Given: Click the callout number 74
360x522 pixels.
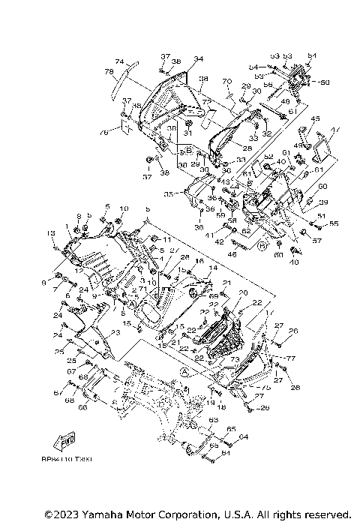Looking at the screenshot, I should pyautogui.click(x=118, y=61).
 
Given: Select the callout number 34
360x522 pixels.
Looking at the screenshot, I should pyautogui.click(x=178, y=58).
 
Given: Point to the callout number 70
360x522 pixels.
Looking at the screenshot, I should pyautogui.click(x=226, y=81).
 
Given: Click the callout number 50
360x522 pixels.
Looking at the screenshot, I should pyautogui.click(x=324, y=81).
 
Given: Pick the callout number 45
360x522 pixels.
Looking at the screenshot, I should pyautogui.click(x=316, y=118).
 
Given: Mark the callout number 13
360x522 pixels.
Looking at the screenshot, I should pyautogui.click(x=52, y=233).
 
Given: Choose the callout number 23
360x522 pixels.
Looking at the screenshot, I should pyautogui.click(x=115, y=333).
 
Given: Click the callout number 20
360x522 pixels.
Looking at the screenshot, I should pyautogui.click(x=242, y=292).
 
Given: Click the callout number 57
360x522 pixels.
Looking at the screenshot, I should pyautogui.click(x=317, y=241).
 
